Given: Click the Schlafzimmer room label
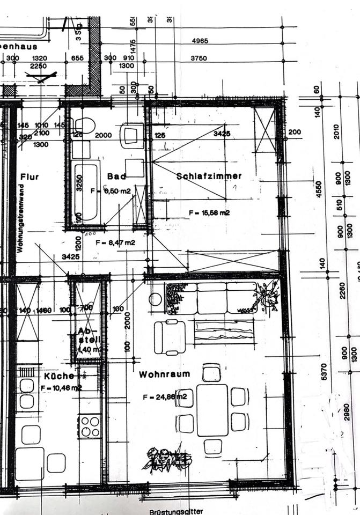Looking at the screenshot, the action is tap(209, 175).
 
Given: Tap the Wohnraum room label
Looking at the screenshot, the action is tap(164, 374).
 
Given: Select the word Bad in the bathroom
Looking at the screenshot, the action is tap(116, 176).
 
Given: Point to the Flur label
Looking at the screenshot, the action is tap(30, 176).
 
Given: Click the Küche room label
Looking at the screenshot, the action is tap(59, 376).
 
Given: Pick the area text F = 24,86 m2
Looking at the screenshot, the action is tap(165, 397).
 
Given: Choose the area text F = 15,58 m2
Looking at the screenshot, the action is tap(209, 213).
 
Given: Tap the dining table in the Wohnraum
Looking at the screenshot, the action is tap(212, 409).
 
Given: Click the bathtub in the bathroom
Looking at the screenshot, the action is tap(86, 192).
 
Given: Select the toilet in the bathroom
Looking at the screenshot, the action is tap(84, 126).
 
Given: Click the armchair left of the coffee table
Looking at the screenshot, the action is tap(170, 337).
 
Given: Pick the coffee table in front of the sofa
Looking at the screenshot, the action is tap(224, 331).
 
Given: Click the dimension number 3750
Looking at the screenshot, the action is tap(199, 58).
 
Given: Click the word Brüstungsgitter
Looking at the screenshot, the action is tap(177, 511).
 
